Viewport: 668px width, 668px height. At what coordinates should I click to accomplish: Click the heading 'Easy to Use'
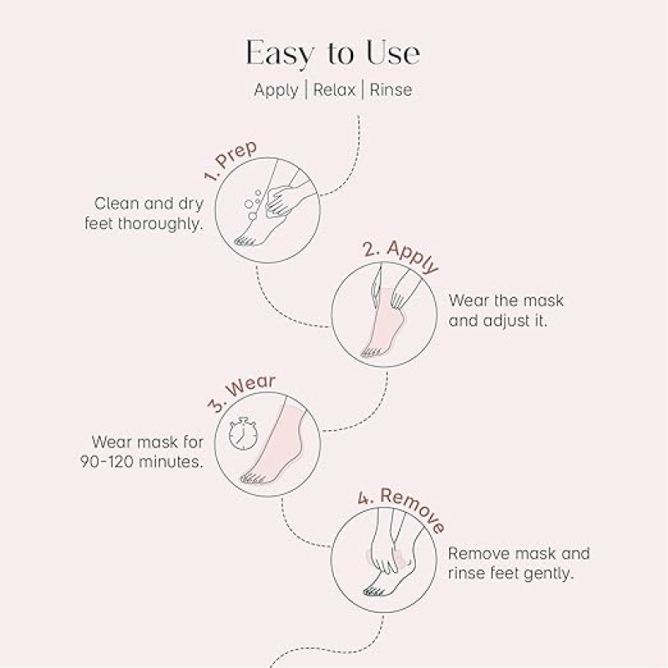(x=333, y=53)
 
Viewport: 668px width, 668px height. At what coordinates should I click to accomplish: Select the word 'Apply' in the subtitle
(x=276, y=90)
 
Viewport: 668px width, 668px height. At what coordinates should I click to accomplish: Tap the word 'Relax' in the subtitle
(x=335, y=89)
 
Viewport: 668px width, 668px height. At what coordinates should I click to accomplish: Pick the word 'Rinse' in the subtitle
(x=391, y=89)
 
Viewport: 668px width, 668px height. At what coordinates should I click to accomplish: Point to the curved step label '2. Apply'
(x=401, y=256)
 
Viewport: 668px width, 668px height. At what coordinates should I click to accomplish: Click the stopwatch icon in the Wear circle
(x=243, y=433)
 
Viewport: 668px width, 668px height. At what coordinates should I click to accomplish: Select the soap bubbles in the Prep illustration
(x=253, y=204)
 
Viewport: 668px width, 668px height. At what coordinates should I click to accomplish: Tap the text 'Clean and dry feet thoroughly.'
(x=144, y=214)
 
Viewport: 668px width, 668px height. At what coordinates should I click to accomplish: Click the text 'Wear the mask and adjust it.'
(x=506, y=311)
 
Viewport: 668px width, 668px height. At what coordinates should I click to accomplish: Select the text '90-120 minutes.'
(x=141, y=462)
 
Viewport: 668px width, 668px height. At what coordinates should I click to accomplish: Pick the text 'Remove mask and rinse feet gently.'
(x=519, y=564)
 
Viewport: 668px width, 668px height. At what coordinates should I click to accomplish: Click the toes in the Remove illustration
(x=373, y=591)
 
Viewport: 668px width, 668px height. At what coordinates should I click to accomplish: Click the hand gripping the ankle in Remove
(x=386, y=549)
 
